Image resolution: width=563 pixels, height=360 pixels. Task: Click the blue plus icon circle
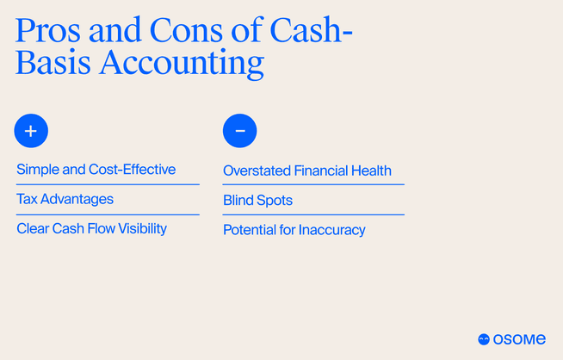[31, 131]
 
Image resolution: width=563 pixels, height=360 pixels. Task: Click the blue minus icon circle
[239, 131]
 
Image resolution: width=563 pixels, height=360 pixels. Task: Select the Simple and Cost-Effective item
[96, 169]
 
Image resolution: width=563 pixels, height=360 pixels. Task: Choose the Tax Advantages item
[65, 199]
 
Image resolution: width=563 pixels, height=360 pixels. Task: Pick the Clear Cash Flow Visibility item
[91, 228]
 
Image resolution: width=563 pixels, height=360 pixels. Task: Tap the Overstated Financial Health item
[306, 171]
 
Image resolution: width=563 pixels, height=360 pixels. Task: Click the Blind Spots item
[257, 200]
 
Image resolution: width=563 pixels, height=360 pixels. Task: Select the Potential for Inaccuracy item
[294, 230]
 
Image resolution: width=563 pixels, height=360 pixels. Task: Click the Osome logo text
[519, 339]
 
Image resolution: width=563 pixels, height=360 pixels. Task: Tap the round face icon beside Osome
[484, 339]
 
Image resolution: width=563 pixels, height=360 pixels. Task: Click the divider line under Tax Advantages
[108, 214]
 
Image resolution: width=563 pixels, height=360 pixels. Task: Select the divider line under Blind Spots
[313, 214]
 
